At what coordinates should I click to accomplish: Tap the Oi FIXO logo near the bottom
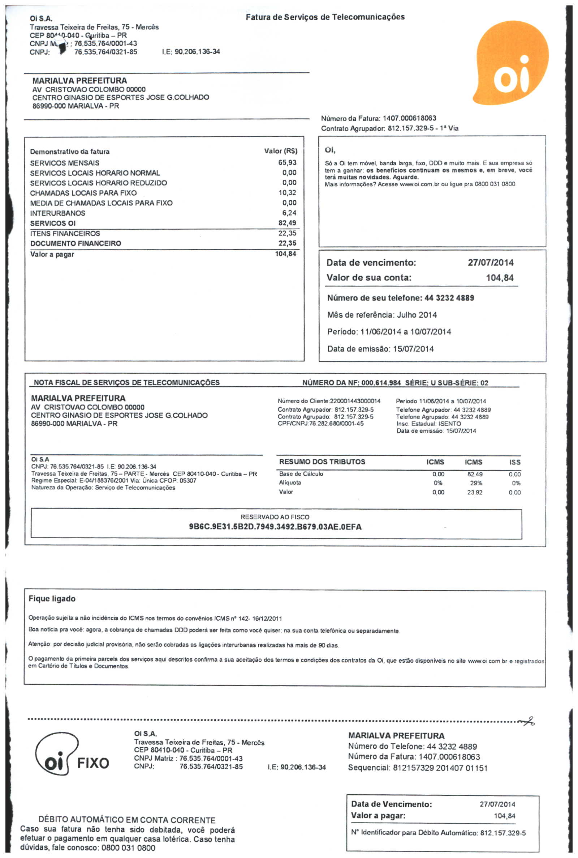(x=72, y=754)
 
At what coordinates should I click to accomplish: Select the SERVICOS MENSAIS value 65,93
(x=287, y=163)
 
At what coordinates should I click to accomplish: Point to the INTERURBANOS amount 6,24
(x=289, y=213)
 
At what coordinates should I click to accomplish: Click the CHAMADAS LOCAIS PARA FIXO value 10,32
(x=287, y=193)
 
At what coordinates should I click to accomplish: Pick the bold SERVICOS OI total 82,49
(x=287, y=223)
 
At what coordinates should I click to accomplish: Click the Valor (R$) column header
(x=281, y=151)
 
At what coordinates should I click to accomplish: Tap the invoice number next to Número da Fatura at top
(x=409, y=118)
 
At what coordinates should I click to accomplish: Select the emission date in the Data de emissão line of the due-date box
(x=413, y=349)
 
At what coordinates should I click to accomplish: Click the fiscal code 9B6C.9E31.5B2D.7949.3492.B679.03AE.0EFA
(x=275, y=527)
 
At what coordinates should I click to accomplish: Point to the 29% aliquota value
(x=476, y=483)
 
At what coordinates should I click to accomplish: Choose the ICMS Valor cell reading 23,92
(x=474, y=492)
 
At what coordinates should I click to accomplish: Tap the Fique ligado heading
(x=52, y=599)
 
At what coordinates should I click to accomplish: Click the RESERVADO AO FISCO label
(x=275, y=517)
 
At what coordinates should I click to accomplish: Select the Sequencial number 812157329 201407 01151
(x=440, y=768)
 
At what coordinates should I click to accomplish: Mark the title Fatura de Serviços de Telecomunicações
(x=325, y=17)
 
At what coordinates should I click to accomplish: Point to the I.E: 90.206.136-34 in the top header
(x=191, y=52)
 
